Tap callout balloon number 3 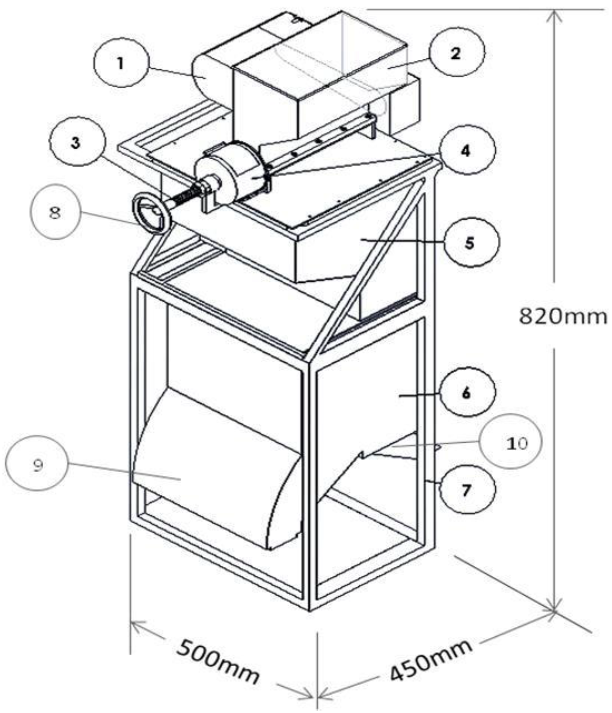76,143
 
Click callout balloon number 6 467,393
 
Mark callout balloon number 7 467,490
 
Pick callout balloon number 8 55,212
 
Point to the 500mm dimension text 218,661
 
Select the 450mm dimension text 429,661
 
